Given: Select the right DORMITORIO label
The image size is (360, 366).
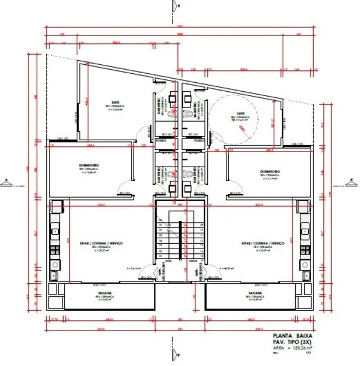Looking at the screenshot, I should click(271, 171).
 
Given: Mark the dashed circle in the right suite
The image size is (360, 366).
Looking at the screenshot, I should click(236, 118).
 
